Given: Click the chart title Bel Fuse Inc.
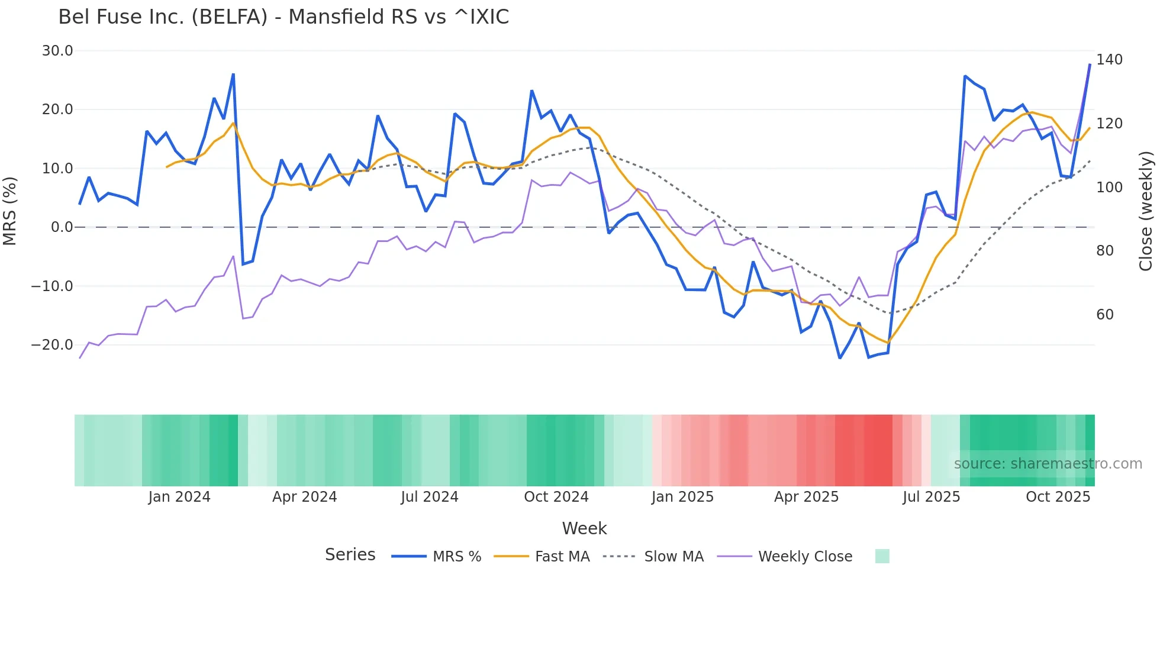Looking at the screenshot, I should tap(283, 17).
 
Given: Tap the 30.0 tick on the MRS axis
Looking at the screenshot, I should tap(57, 51).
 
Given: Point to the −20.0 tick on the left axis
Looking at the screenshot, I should tap(52, 345).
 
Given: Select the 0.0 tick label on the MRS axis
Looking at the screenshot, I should tap(62, 227).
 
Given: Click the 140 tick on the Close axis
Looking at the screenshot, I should tap(1109, 60).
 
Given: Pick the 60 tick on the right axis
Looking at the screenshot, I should tap(1105, 315).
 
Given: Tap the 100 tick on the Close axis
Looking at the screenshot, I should tap(1109, 188).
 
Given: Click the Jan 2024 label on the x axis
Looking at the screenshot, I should tap(179, 497).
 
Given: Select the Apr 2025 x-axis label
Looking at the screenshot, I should tap(806, 497).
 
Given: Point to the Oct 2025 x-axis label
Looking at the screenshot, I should tap(1058, 497).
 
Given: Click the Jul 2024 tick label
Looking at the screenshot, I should tap(430, 497).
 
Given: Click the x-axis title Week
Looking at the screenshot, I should tap(584, 528).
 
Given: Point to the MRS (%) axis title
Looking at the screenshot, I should tap(10, 211).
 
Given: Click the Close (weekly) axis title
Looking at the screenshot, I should tap(1146, 211).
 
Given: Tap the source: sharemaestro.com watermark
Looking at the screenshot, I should tap(1048, 464).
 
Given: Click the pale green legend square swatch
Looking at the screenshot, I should tap(882, 556).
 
